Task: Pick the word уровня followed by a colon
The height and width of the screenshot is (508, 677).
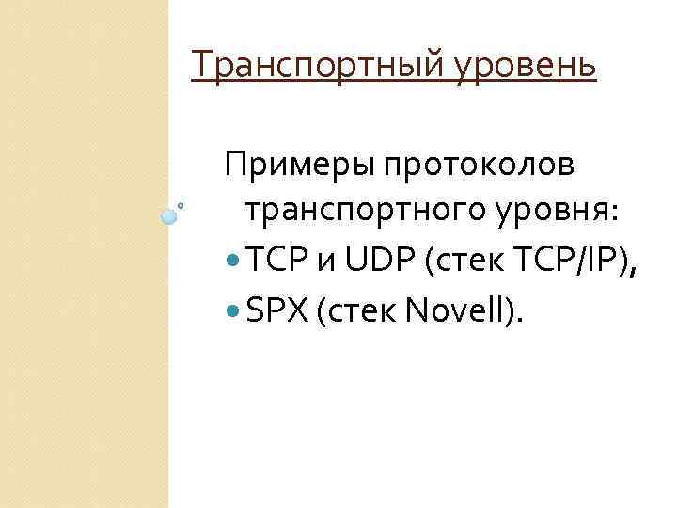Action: [561, 213]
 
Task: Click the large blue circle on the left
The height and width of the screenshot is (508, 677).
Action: [169, 216]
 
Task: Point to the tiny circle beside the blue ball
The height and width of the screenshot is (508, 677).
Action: [181, 204]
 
